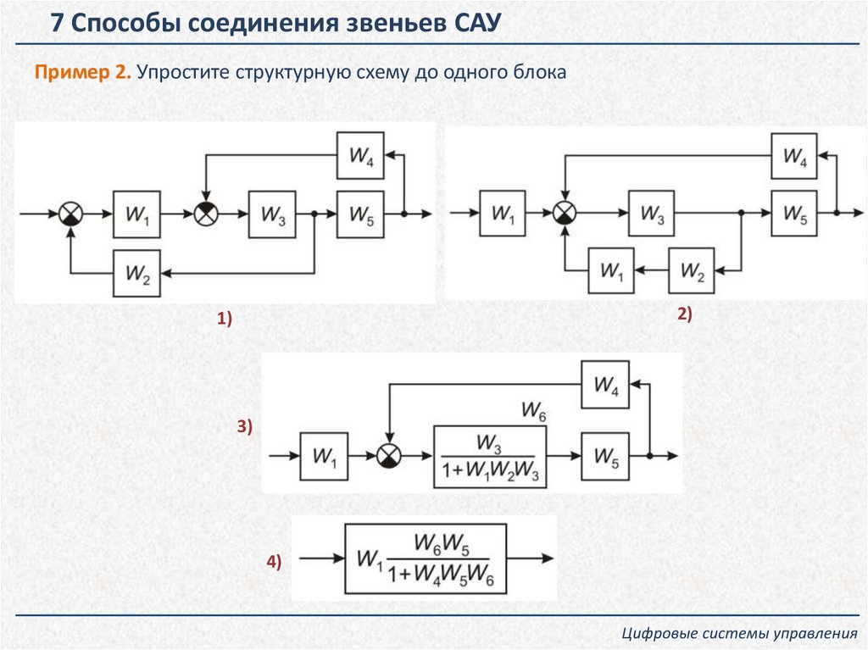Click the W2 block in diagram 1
pyautogui.click(x=137, y=273)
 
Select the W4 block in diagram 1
pyautogui.click(x=360, y=156)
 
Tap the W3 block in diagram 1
pyautogui.click(x=272, y=214)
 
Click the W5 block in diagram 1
pyautogui.click(x=360, y=214)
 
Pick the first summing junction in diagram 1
pyautogui.click(x=70, y=214)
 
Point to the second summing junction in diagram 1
pyautogui.click(x=205, y=214)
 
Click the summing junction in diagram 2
pyautogui.click(x=564, y=214)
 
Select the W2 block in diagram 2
pyautogui.click(x=692, y=271)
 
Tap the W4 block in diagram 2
pyautogui.click(x=794, y=156)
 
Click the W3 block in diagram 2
pyautogui.click(x=651, y=214)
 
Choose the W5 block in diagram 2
pyautogui.click(x=794, y=214)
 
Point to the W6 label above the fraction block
pyautogui.click(x=533, y=413)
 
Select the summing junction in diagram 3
pyautogui.click(x=389, y=456)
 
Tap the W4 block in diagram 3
pyautogui.click(x=605, y=385)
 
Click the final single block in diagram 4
pyautogui.click(x=426, y=558)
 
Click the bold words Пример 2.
pyautogui.click(x=82, y=73)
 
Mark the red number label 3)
pyautogui.click(x=245, y=428)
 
